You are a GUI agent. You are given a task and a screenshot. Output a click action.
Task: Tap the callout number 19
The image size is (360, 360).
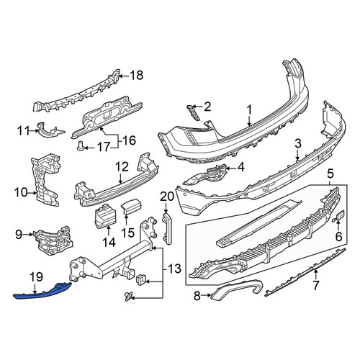(x=36, y=277)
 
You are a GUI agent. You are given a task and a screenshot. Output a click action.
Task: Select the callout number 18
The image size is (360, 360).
(x=137, y=76)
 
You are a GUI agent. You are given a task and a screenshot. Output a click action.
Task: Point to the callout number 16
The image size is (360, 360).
(x=130, y=140)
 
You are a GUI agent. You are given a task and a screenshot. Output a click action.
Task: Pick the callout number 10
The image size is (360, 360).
(x=21, y=192)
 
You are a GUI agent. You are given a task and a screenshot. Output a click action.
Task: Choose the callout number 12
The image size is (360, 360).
(x=122, y=167)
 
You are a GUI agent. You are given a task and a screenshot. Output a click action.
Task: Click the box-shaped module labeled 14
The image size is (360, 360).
(x=106, y=216)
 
